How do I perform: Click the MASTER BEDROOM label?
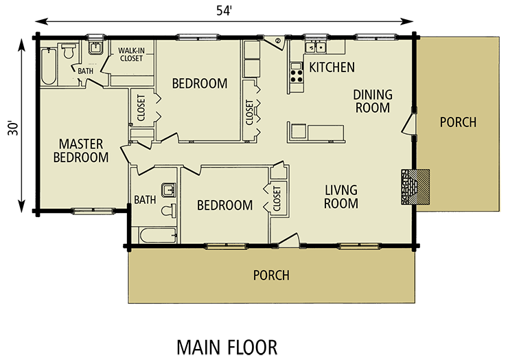(x=81, y=150)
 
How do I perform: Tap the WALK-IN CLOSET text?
(x=130, y=54)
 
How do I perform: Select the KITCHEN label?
(x=332, y=67)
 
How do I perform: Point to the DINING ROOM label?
(x=372, y=101)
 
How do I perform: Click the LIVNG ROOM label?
(x=341, y=196)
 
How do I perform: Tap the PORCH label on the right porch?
(x=458, y=122)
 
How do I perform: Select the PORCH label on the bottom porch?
(x=271, y=275)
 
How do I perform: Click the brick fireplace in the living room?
(x=415, y=186)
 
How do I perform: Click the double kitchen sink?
(x=316, y=47)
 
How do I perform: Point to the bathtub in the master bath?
(x=49, y=65)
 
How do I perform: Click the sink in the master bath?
(x=95, y=48)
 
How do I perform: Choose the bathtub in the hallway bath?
(x=155, y=236)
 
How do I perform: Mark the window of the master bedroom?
(x=92, y=210)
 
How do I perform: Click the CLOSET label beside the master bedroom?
(x=141, y=106)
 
